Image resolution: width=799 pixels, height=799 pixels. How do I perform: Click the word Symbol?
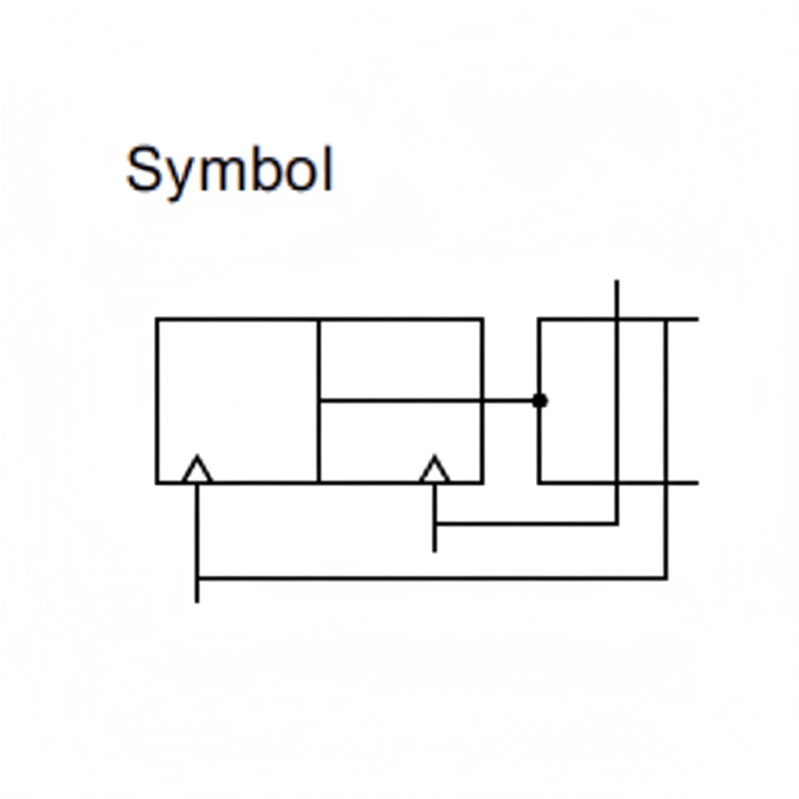(229, 171)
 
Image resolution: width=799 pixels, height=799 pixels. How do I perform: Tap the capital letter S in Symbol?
(143, 169)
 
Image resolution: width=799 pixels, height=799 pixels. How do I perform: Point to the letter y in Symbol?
(176, 176)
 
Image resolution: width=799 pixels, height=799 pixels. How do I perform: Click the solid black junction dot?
(539, 400)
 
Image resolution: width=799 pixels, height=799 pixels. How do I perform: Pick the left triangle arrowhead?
(197, 470)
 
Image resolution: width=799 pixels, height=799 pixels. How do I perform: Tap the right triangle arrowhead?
(434, 470)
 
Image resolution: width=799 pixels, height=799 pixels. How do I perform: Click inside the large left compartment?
(237, 391)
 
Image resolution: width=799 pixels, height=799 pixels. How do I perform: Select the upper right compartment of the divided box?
(400, 359)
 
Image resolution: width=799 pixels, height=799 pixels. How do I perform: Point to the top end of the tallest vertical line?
(617, 282)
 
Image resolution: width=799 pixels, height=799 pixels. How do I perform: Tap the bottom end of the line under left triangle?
(197, 600)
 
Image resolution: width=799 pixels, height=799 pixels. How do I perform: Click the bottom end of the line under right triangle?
(434, 550)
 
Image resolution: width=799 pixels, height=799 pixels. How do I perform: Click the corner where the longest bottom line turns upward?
(666, 577)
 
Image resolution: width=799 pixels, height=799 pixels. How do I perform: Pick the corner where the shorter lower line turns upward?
(617, 524)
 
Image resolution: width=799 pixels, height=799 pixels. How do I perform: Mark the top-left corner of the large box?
(157, 319)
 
